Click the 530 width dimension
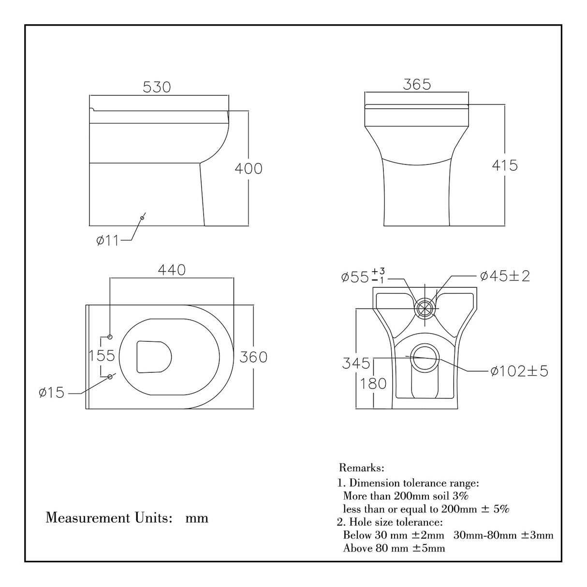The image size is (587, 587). click(x=157, y=87)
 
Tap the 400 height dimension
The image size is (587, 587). click(x=248, y=168)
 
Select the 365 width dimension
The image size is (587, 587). click(x=416, y=84)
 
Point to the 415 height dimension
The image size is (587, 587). click(x=504, y=165)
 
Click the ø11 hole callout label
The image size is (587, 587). click(x=107, y=240)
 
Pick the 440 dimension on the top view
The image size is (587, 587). click(x=172, y=270)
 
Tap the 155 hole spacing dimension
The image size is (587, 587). click(x=103, y=356)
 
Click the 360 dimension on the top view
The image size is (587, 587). click(x=253, y=357)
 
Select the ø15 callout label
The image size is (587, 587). click(x=51, y=393)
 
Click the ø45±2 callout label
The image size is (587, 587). click(x=505, y=276)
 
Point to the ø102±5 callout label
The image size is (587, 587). click(x=519, y=371)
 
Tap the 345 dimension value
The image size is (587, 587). click(x=356, y=363)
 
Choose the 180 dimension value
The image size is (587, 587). click(x=373, y=383)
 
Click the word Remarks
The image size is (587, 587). click(x=362, y=468)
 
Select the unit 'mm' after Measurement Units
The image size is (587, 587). click(x=197, y=518)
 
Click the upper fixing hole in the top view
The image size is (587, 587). click(x=110, y=337)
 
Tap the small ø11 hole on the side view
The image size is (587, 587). click(x=142, y=218)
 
